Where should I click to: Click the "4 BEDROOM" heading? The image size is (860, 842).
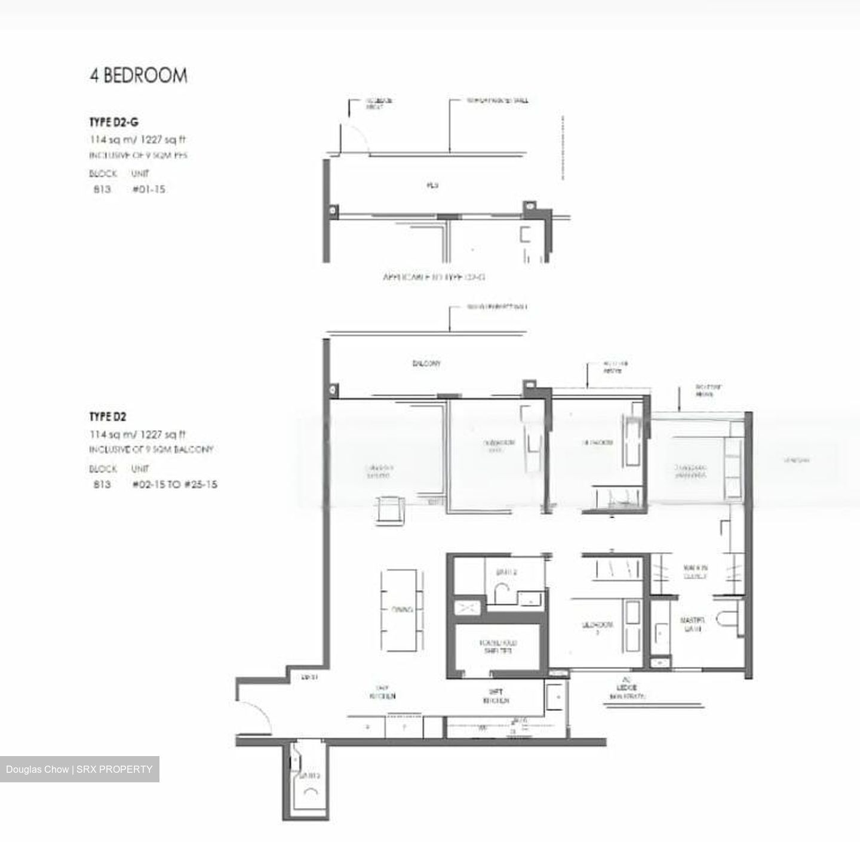[139, 76]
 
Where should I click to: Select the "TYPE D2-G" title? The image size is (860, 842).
[114, 122]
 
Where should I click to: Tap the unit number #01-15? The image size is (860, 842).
[149, 189]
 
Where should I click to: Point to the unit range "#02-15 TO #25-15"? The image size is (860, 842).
[174, 484]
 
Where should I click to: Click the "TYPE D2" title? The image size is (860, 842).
[108, 417]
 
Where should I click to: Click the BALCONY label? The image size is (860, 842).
[427, 363]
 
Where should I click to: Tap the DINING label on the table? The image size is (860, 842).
[402, 610]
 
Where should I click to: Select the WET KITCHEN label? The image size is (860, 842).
[496, 696]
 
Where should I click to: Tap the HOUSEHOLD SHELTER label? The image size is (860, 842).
[498, 647]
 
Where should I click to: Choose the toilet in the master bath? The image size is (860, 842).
[729, 620]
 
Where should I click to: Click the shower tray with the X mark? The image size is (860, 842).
[466, 607]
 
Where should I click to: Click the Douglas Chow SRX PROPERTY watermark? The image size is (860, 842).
[79, 769]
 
